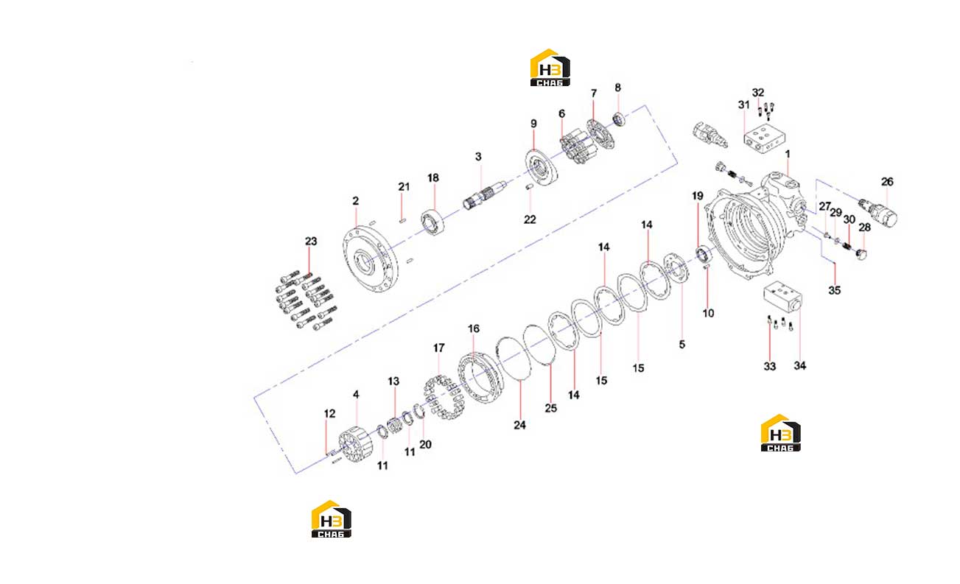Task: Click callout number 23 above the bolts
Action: pyautogui.click(x=311, y=242)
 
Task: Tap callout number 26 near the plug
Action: pyautogui.click(x=887, y=182)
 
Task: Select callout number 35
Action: pyautogui.click(x=834, y=290)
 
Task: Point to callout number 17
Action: pyautogui.click(x=438, y=348)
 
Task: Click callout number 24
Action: pyautogui.click(x=519, y=425)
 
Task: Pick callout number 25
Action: pyautogui.click(x=550, y=408)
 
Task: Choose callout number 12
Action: pyautogui.click(x=329, y=413)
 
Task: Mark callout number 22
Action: pyautogui.click(x=530, y=219)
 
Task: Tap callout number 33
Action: pyautogui.click(x=770, y=366)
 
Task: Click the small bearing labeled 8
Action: pyautogui.click(x=618, y=119)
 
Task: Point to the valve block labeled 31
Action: pyautogui.click(x=764, y=139)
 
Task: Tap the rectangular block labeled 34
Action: pyautogui.click(x=782, y=297)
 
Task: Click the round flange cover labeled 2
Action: pyautogui.click(x=370, y=258)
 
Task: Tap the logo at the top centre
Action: pyautogui.click(x=550, y=68)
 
